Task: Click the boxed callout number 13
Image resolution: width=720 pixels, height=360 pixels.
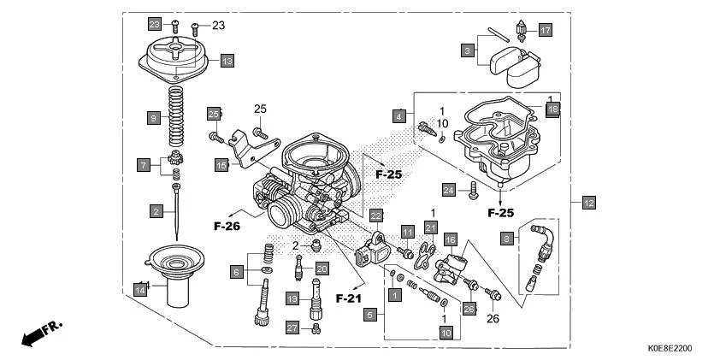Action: tap(227, 61)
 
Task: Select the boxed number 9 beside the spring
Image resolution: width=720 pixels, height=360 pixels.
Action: tap(154, 116)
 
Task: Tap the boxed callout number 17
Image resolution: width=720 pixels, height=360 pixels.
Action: tap(545, 30)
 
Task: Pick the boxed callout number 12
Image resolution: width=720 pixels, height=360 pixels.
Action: tap(588, 203)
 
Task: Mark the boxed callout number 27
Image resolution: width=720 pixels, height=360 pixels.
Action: tap(292, 328)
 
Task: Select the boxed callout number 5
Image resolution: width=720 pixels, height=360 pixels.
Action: tap(369, 315)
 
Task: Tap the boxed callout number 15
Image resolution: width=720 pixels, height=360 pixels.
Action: tap(221, 164)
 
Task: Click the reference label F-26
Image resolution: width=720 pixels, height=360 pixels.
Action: tap(227, 227)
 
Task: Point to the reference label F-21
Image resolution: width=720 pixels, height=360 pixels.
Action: tap(349, 298)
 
